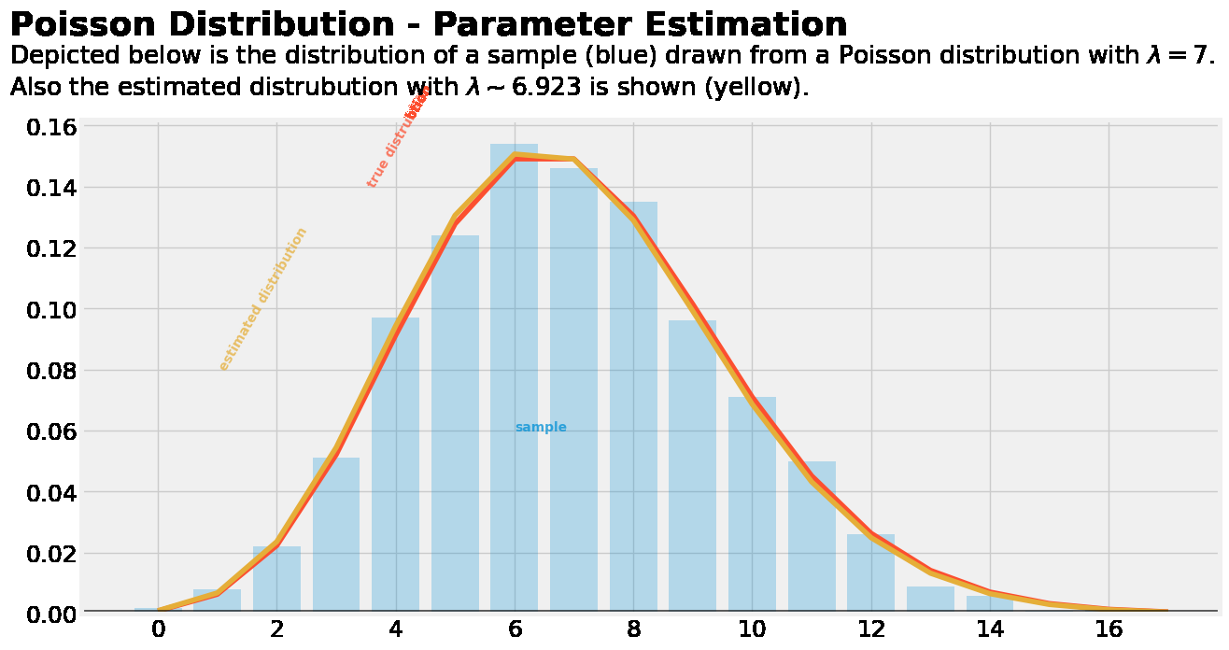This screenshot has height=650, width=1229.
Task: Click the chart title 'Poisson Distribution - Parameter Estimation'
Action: (x=428, y=24)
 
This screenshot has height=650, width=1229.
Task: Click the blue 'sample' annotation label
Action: (x=541, y=428)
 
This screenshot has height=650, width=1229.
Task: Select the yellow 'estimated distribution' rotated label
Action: (x=262, y=300)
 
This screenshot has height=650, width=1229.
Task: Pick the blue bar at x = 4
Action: (x=395, y=467)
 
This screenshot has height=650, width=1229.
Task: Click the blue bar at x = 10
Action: (x=752, y=504)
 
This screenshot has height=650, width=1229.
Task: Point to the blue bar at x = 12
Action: (x=870, y=574)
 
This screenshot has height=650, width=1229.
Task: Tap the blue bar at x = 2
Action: (x=276, y=580)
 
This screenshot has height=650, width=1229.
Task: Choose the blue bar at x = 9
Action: (x=692, y=467)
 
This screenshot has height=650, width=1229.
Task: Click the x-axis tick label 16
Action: (x=1109, y=630)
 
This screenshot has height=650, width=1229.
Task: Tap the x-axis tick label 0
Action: (x=158, y=630)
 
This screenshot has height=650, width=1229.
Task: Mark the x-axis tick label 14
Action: (x=990, y=630)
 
